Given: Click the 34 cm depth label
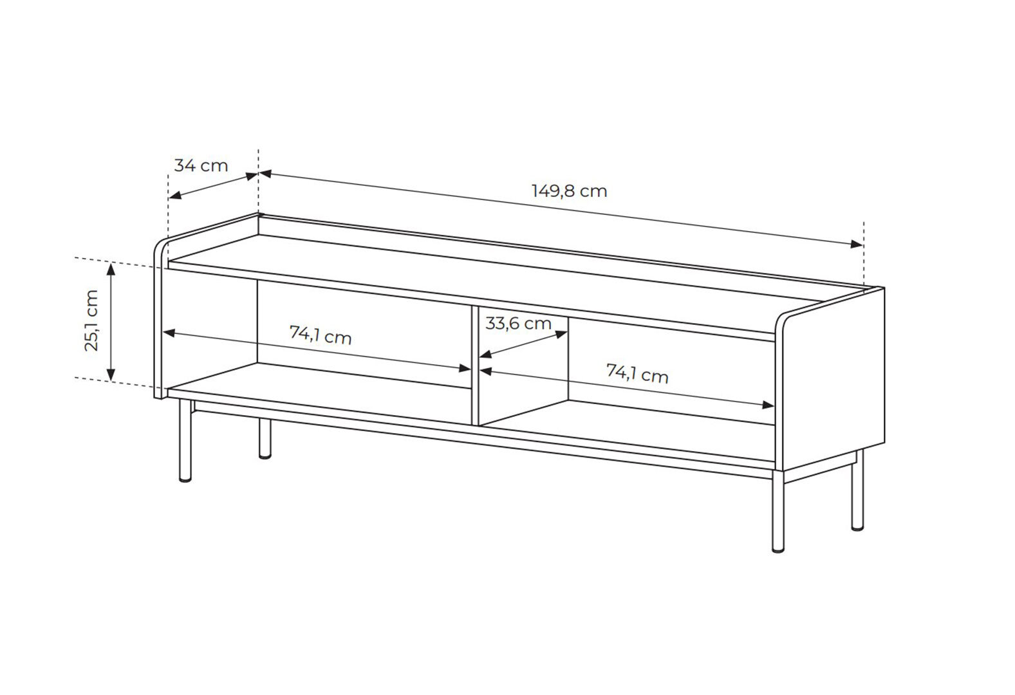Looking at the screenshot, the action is point(201,166).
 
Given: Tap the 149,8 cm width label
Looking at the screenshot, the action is point(569,191).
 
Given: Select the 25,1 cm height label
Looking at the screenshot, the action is point(91,320).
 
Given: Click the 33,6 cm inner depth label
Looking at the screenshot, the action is point(518,324).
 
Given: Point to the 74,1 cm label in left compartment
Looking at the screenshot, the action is point(321,336).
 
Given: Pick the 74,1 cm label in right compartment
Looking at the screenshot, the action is point(637,375).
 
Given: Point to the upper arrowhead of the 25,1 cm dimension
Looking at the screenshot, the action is point(111,268).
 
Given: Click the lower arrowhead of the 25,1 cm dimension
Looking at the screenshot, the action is point(111,375).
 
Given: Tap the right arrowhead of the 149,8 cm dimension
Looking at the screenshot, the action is point(857,244).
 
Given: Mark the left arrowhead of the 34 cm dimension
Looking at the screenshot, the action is point(175,196).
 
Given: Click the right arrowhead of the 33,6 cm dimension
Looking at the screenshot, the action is point(561,335).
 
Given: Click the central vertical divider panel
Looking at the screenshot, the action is point(475,366).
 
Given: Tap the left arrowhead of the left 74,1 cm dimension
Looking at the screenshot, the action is point(169,333).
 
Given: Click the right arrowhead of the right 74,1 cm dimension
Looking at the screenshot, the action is point(768,405).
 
